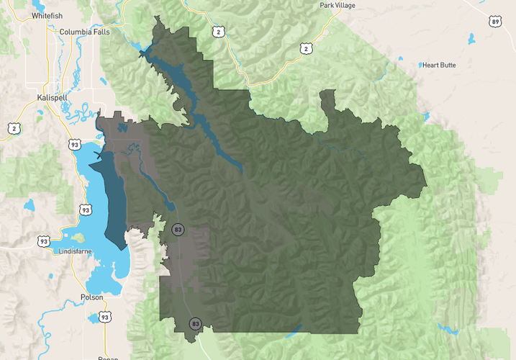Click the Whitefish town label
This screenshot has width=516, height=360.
click(49, 15)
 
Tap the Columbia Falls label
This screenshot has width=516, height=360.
click(86, 32)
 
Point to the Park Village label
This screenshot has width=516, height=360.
click(338, 5)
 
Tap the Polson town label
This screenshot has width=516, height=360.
click(91, 297)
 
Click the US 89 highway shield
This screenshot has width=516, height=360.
click(495, 22)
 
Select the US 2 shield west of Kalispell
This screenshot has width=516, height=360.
click(14, 128)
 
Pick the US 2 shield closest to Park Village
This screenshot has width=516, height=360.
click(307, 48)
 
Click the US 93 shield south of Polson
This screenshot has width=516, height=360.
click(105, 317)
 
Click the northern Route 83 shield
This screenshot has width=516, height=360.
click(178, 230)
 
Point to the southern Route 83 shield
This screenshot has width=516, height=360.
click(195, 323)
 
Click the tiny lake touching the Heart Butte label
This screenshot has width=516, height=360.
click(421, 65)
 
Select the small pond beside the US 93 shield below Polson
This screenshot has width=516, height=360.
click(92, 318)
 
